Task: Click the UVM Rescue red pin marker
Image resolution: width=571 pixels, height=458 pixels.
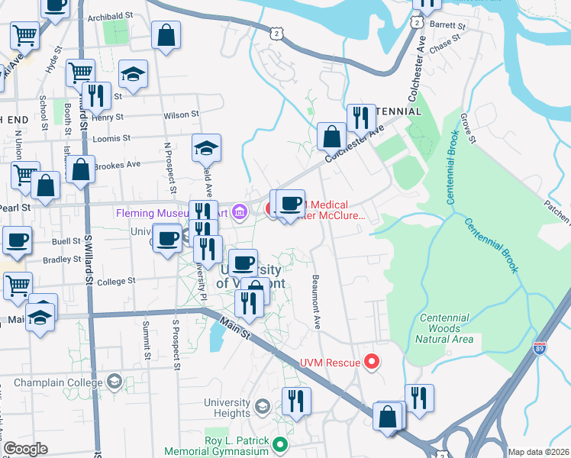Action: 372,361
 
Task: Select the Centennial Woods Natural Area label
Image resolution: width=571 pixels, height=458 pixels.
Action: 446,328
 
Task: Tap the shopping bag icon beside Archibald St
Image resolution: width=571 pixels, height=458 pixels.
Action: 166,34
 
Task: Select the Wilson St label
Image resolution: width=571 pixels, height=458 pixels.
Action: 181,115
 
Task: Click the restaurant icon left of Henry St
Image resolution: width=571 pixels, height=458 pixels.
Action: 96,95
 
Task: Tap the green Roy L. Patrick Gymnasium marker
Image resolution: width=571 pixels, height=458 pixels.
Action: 281,443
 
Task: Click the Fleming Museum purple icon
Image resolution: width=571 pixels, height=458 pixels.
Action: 240,211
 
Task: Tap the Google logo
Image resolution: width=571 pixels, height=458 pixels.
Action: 26,449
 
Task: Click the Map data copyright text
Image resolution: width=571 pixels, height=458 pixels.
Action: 538,452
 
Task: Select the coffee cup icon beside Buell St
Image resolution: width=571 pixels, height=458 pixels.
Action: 17,240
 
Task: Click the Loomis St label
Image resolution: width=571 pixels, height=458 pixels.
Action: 107,140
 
